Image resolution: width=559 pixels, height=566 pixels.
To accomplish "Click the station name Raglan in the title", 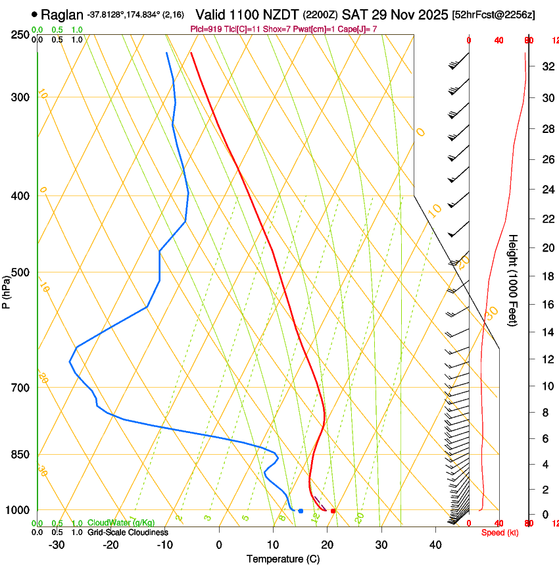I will (62, 14).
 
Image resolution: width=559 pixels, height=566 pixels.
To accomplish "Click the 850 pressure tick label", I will (21, 454).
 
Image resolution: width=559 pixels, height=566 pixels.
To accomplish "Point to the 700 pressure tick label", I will (21, 387).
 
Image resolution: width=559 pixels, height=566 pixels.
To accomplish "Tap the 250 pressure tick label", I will (21, 34).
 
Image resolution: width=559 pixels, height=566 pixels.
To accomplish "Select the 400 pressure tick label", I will (21, 195).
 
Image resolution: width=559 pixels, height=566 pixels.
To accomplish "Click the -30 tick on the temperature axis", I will (57, 545).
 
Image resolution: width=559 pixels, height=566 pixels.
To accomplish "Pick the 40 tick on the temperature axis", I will (435, 545).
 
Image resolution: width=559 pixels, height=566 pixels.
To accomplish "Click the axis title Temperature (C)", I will (283, 559).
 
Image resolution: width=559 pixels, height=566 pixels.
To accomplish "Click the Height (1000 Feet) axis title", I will (514, 280).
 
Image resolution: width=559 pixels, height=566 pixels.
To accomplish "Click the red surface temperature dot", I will (333, 511).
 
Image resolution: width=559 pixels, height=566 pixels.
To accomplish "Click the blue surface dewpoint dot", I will (301, 511).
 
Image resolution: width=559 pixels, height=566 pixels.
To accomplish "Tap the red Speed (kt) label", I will (500, 532).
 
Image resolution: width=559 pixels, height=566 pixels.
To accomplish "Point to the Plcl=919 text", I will (206, 29).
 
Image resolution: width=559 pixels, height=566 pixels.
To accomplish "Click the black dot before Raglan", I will (35, 14).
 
